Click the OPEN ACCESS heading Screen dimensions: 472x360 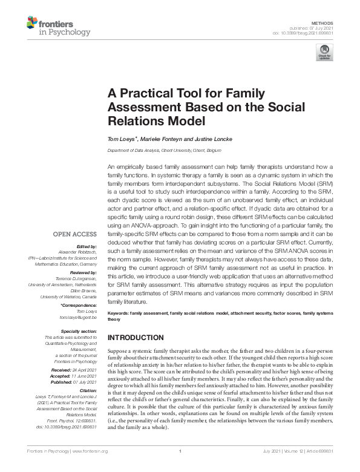[x=75, y=233]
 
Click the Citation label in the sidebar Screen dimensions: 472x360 [x=86, y=391]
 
